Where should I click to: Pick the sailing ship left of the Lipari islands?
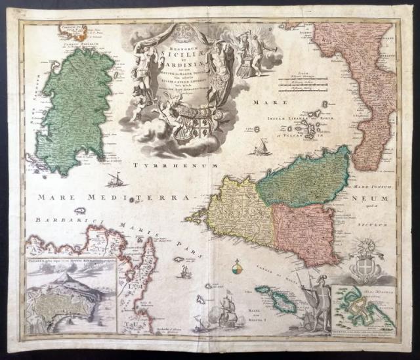(262, 145)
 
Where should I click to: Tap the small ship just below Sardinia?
(115, 179)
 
